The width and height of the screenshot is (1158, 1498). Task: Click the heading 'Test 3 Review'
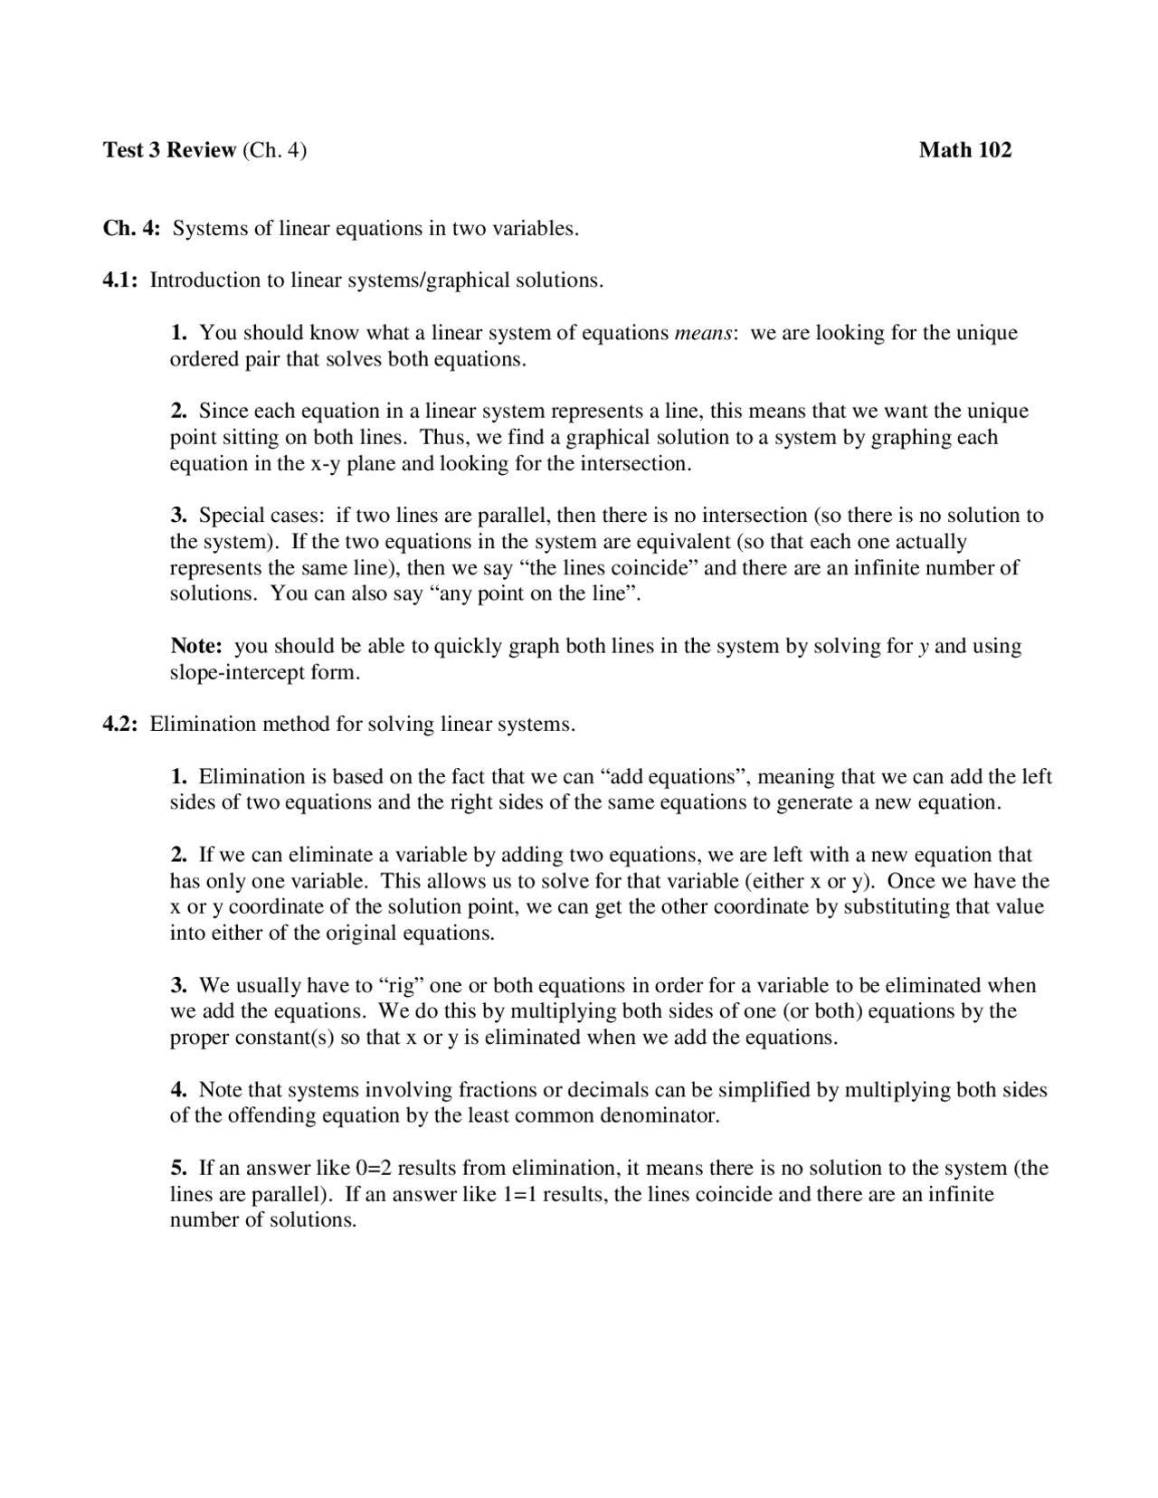tap(169, 150)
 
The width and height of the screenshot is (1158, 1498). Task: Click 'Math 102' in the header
tap(964, 150)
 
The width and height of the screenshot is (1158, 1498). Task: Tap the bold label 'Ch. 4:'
tap(131, 229)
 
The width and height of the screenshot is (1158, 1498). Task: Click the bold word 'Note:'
tap(196, 647)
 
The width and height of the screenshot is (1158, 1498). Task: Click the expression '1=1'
tap(519, 1195)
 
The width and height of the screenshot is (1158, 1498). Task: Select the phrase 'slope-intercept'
tap(236, 673)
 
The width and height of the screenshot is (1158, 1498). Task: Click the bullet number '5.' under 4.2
tap(179, 1169)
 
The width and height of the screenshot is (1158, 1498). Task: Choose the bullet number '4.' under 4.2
tap(179, 1090)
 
